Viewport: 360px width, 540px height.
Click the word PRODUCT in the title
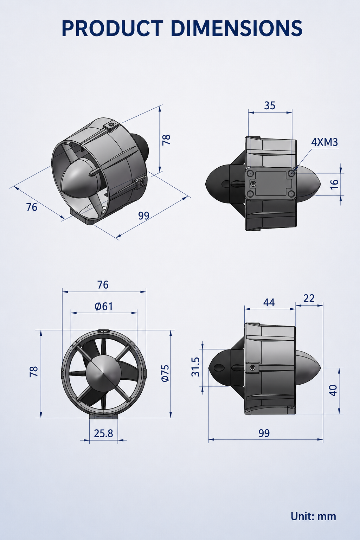112,28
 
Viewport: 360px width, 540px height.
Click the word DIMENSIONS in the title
237,28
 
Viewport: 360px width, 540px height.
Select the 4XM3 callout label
324,142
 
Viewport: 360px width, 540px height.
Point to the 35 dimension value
270,105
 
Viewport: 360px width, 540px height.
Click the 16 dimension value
334,184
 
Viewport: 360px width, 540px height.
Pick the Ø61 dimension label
104,307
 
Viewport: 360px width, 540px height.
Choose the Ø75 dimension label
165,373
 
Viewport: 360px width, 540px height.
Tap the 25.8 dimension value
103,433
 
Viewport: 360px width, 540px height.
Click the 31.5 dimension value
195,367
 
